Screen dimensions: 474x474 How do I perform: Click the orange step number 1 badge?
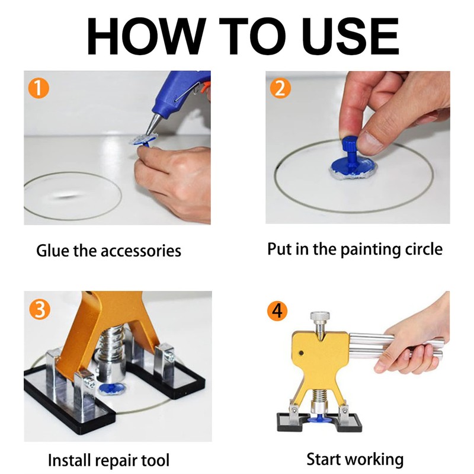coord(39,88)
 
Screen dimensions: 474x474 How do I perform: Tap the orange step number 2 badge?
coord(280,88)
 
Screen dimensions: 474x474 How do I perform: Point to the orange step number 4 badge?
coord(277,311)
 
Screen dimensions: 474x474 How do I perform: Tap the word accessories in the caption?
coord(141,251)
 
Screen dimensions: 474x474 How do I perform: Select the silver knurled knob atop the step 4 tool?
coord(320,316)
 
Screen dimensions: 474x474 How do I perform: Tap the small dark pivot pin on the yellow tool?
coord(301,353)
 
